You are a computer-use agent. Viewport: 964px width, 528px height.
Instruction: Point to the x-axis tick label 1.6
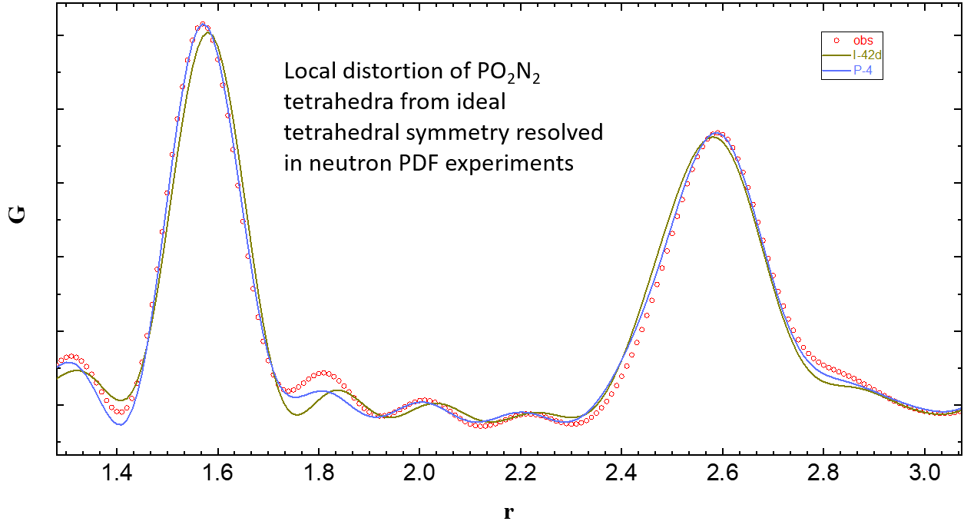(218, 471)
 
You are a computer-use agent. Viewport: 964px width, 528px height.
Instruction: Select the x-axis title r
(509, 512)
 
